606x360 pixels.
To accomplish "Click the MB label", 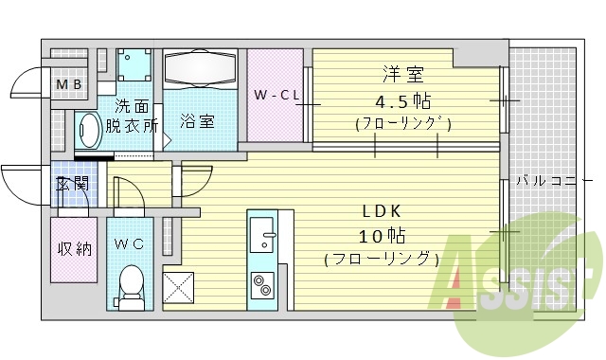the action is [69, 86].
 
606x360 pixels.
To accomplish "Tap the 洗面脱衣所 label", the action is [132, 116].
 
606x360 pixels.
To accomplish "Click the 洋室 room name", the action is [401, 75].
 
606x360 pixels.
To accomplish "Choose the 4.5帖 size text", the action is [402, 99].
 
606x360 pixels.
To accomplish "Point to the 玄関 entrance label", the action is [71, 184].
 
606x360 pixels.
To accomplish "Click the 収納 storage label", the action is [73, 249].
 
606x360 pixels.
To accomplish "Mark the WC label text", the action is [129, 243].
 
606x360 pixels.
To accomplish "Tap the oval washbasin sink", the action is [89, 131].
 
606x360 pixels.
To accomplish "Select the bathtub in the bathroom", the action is [200, 69].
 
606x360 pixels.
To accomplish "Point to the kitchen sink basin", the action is [261, 232].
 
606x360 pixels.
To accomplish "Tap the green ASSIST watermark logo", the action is [516, 284].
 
